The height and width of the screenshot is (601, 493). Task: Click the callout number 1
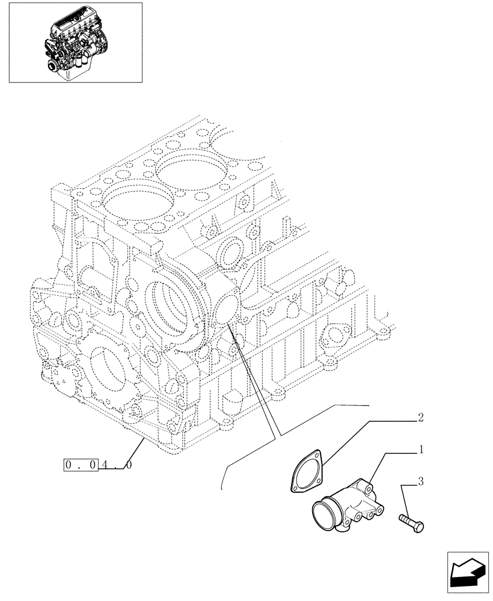pyautogui.click(x=422, y=449)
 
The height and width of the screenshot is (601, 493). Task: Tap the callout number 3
pyautogui.click(x=421, y=481)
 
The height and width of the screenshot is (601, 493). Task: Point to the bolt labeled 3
pyautogui.click(x=411, y=521)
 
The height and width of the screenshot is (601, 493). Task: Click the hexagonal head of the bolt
pyautogui.click(x=419, y=526)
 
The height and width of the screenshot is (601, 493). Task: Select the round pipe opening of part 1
pyautogui.click(x=325, y=515)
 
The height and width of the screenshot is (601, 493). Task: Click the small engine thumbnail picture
pyautogui.click(x=75, y=42)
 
